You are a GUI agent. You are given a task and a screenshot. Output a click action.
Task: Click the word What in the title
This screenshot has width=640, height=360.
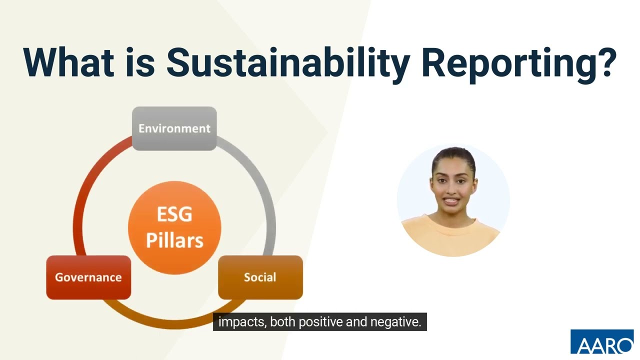(67, 62)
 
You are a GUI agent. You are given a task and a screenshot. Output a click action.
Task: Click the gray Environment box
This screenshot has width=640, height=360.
(174, 128)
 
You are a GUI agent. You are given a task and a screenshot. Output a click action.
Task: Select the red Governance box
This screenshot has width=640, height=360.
(88, 277)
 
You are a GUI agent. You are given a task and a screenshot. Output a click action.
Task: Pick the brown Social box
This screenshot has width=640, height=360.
(260, 277)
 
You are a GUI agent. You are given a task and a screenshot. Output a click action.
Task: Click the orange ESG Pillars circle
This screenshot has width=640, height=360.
(174, 227)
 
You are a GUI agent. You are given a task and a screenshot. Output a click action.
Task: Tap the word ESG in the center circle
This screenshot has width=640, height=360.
(174, 214)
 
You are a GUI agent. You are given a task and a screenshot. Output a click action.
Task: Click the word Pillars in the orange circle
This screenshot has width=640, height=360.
(174, 240)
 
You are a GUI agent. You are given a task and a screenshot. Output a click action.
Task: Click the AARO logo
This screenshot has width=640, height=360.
(601, 342)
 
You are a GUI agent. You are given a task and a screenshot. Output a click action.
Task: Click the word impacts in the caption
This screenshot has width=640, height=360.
(242, 322)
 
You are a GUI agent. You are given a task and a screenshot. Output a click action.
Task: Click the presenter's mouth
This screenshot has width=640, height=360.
(451, 201)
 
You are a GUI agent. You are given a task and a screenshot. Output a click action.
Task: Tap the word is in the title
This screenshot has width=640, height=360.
(140, 62)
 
